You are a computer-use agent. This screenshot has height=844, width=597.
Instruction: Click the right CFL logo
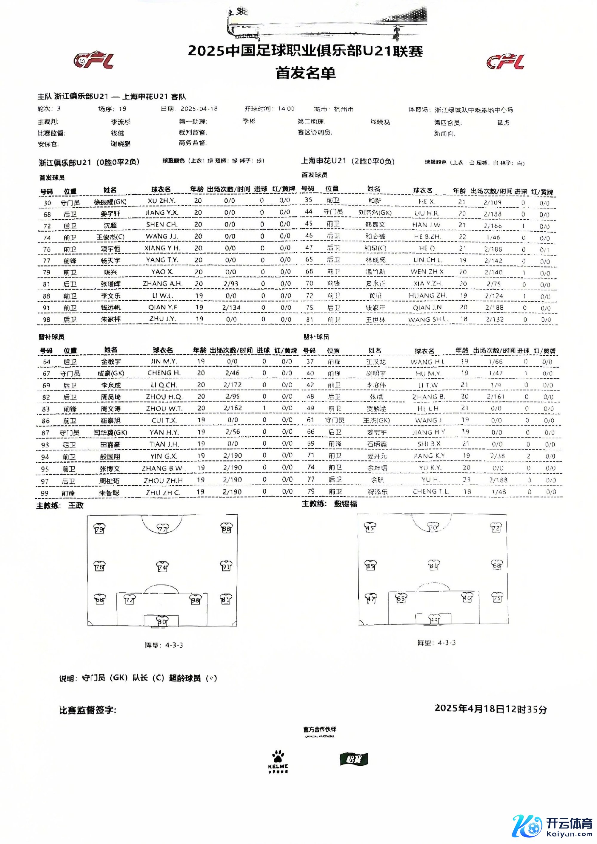pos(505,62)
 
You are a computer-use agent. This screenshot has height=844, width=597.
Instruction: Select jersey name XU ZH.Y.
pos(161,201)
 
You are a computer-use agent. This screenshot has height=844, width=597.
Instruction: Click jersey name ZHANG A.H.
pos(162,283)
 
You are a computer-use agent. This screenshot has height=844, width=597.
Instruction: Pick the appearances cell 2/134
pos(231,307)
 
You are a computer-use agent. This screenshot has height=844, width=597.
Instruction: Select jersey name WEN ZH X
pos(427,272)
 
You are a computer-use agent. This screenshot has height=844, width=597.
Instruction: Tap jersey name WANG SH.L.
pos(427,319)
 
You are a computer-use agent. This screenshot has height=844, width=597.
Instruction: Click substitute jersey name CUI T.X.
pos(164,420)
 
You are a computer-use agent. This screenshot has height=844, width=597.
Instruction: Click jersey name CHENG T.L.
pos(430,492)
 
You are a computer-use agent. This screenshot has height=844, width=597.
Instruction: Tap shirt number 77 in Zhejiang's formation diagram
pos(162,529)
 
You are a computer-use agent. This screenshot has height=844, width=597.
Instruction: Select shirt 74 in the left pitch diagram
pos(162,566)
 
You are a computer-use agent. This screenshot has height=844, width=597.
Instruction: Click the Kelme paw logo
pos(278,762)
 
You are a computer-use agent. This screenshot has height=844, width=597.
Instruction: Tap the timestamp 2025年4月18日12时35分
pos(490,709)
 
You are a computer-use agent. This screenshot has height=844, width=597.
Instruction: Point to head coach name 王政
pos(76,505)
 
